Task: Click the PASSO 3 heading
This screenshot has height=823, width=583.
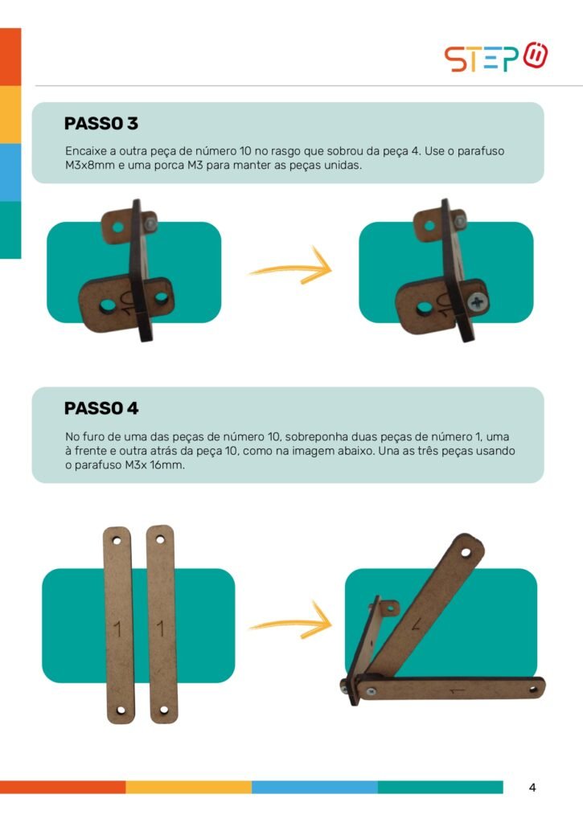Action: [101, 123]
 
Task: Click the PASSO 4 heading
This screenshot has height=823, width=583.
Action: [101, 408]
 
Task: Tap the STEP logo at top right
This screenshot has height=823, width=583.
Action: [496, 57]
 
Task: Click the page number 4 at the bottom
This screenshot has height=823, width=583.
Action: [532, 788]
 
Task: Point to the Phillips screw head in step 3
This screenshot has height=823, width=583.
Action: [478, 302]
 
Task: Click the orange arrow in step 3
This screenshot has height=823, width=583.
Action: [290, 266]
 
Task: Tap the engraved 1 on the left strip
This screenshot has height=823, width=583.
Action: [117, 629]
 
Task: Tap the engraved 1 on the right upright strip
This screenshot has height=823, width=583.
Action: [161, 629]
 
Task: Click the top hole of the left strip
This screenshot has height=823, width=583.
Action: [117, 541]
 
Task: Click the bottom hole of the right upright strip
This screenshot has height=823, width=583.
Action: [164, 710]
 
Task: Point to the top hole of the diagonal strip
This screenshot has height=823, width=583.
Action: [466, 552]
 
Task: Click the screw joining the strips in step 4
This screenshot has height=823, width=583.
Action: [371, 691]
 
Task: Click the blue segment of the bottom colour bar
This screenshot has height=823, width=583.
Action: [314, 788]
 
